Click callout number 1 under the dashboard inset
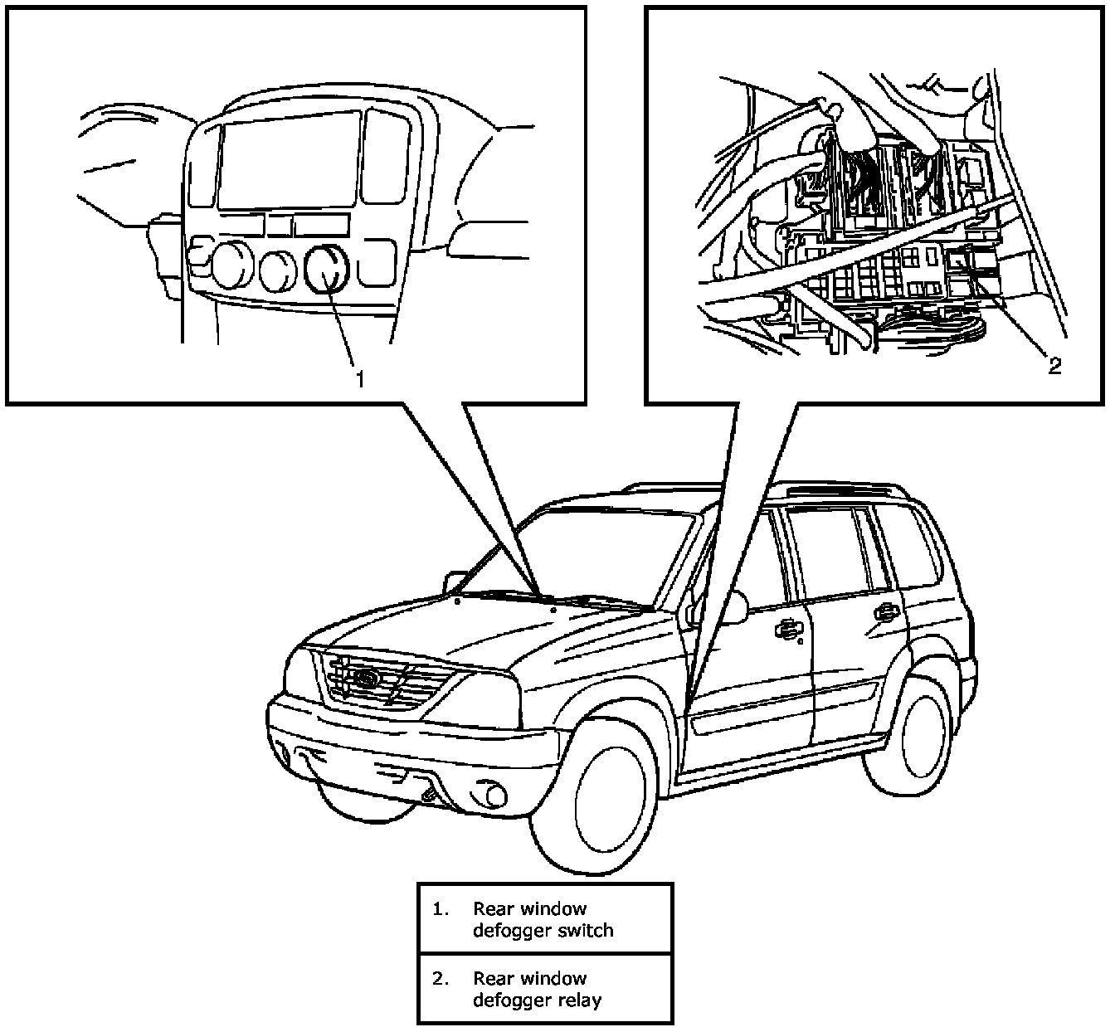pos(359,379)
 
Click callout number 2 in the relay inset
pos(1054,366)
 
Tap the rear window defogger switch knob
pos(326,269)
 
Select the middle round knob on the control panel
pos(277,270)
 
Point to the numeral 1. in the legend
pos(440,909)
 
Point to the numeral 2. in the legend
pos(440,979)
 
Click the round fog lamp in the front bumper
pos(494,796)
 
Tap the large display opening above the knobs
pos(290,159)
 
